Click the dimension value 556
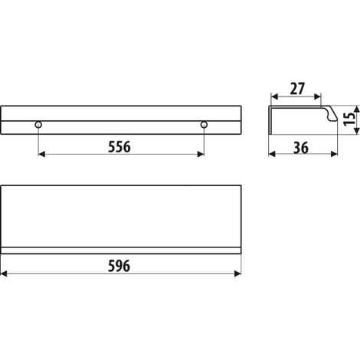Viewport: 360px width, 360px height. pyautogui.click(x=119, y=147)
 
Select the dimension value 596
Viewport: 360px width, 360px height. pyautogui.click(x=119, y=266)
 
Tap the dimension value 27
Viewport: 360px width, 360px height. pyautogui.click(x=297, y=89)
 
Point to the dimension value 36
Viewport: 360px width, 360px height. pyautogui.click(x=301, y=148)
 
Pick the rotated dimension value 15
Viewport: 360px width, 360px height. pyautogui.click(x=349, y=119)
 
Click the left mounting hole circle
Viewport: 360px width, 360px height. pyautogui.click(x=38, y=125)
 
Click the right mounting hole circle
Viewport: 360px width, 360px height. pyautogui.click(x=204, y=125)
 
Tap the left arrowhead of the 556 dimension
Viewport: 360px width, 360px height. pyautogui.click(x=41, y=154)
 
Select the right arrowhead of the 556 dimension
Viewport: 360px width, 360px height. pyautogui.click(x=201, y=154)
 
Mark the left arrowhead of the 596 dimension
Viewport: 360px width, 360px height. pyautogui.click(x=4, y=273)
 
